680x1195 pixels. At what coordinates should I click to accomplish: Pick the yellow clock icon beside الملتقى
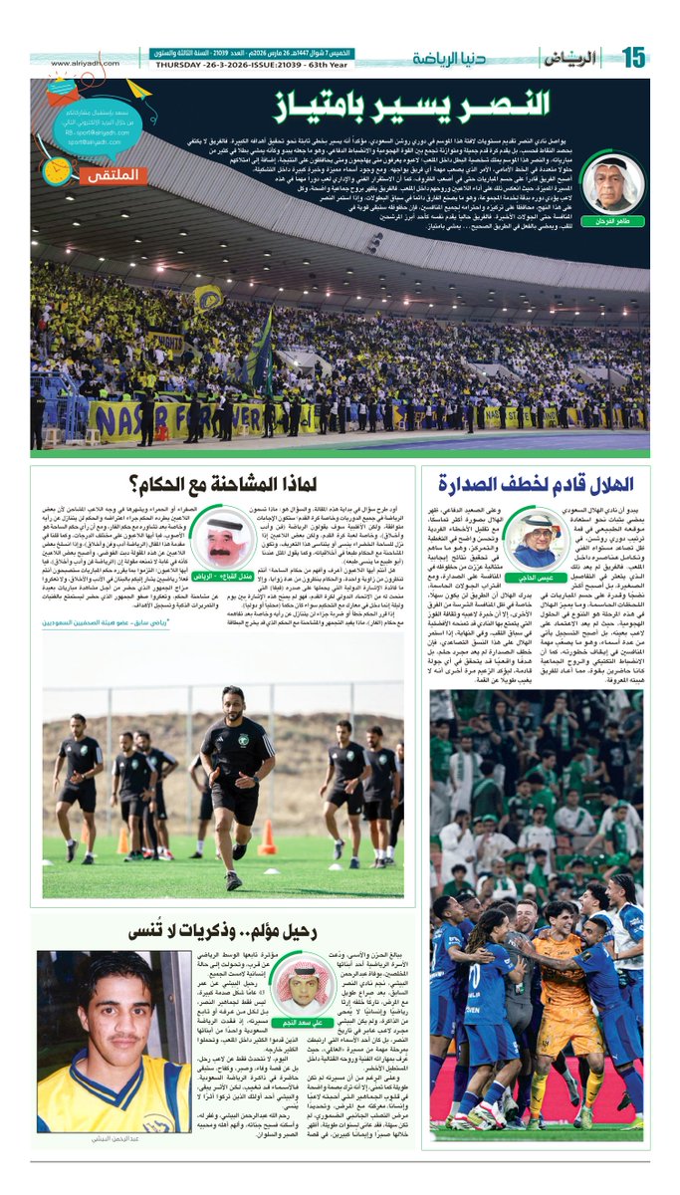point(57,171)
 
